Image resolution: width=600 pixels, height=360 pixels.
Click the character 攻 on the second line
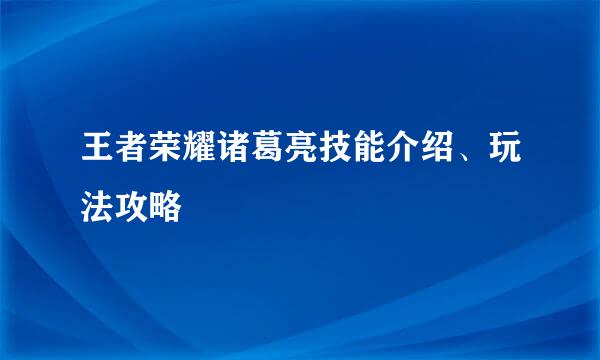coord(129,207)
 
